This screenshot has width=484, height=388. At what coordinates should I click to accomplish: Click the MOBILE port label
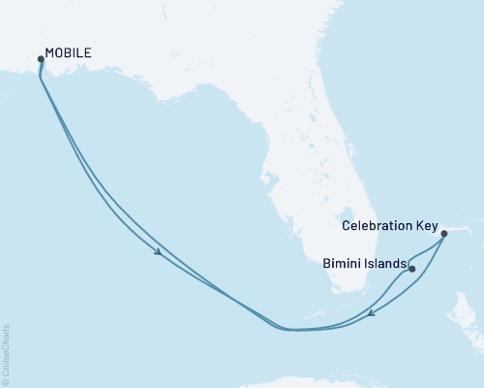coord(69,54)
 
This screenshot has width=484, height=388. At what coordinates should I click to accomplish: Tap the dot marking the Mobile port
coord(41,59)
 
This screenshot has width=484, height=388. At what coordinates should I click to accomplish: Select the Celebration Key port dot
coord(443,233)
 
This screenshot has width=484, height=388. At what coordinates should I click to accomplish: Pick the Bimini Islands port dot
coord(412,268)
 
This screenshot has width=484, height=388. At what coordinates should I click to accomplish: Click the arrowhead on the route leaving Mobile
coord(158,253)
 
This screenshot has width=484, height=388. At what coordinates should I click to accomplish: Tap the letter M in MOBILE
coord(50,54)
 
